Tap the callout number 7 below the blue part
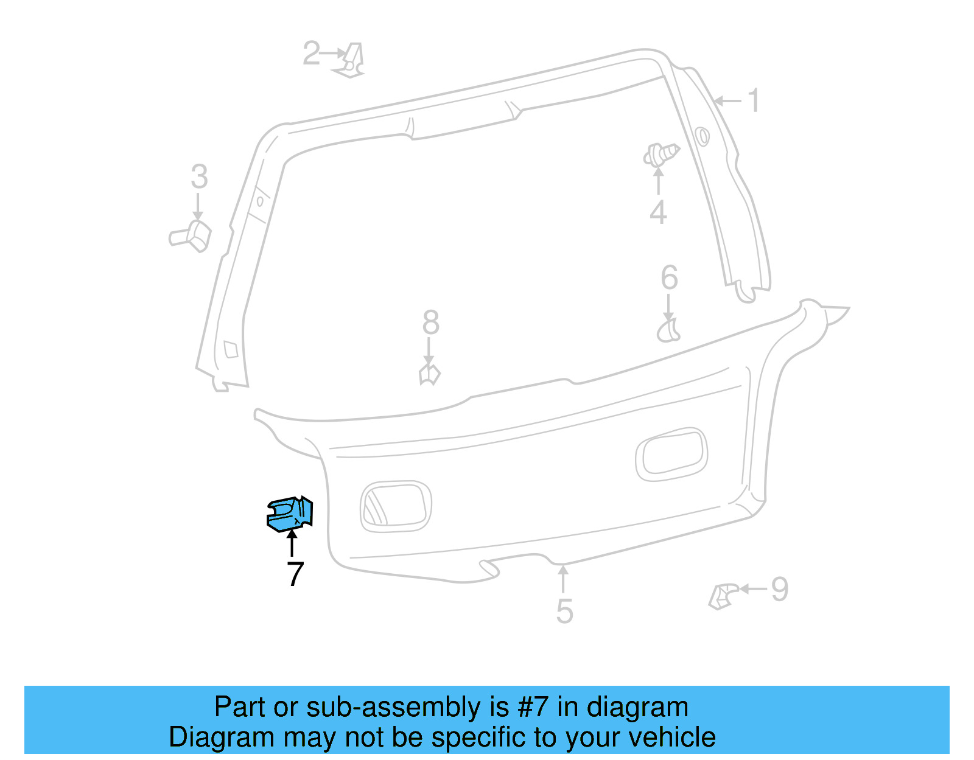click(x=295, y=574)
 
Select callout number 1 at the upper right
click(x=754, y=100)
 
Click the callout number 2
click(x=311, y=53)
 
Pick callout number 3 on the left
click(x=199, y=177)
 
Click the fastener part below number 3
click(x=191, y=236)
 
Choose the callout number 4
click(x=658, y=212)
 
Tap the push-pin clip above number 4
click(x=660, y=155)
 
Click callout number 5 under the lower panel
click(x=564, y=611)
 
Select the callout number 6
click(x=669, y=278)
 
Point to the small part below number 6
click(x=668, y=330)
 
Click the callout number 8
click(x=430, y=322)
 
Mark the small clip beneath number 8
click(x=429, y=374)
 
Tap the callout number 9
click(x=780, y=589)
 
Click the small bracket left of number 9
click(x=723, y=596)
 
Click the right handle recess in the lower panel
click(x=671, y=453)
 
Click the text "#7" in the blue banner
click(x=533, y=707)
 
